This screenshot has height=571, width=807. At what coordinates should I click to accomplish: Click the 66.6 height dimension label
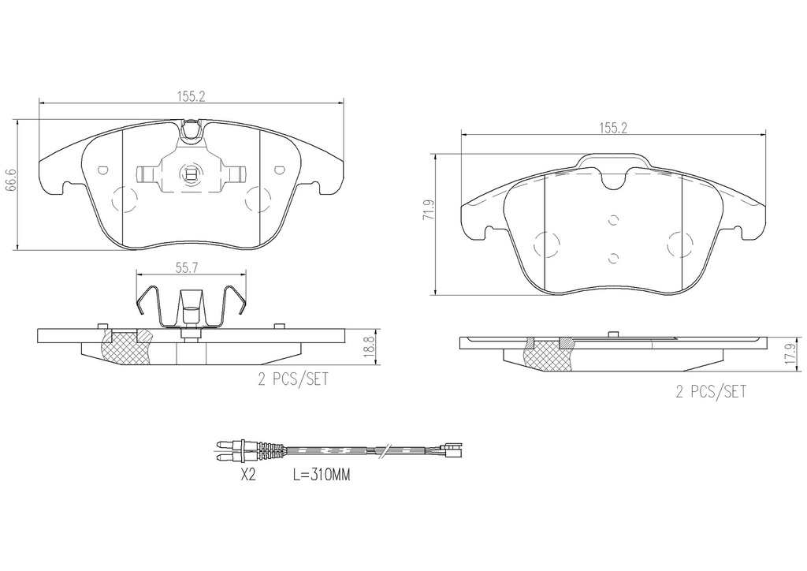pos(11,180)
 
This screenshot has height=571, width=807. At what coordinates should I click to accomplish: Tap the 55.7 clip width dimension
pos(188,267)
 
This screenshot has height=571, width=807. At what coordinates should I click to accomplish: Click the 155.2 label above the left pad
pos(192,96)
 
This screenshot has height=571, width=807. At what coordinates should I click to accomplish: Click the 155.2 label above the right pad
pos(612,129)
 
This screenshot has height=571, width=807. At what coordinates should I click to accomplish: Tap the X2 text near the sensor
pos(248,475)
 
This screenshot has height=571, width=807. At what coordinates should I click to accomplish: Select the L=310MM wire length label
pos(322,475)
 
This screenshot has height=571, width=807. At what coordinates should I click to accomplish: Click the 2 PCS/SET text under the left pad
pos(293,379)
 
